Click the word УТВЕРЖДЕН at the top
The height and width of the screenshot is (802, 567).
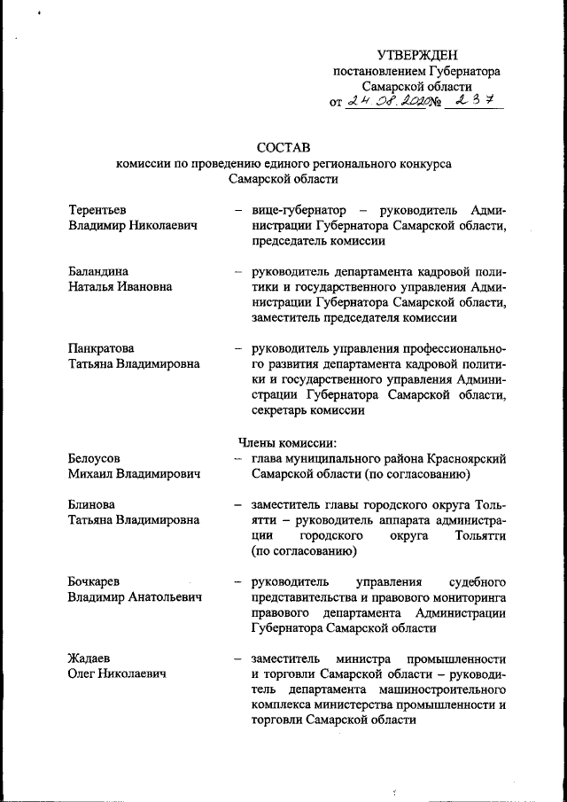click(x=416, y=56)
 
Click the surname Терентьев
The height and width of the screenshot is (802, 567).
click(x=97, y=210)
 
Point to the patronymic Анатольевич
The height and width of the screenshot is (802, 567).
click(x=165, y=598)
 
